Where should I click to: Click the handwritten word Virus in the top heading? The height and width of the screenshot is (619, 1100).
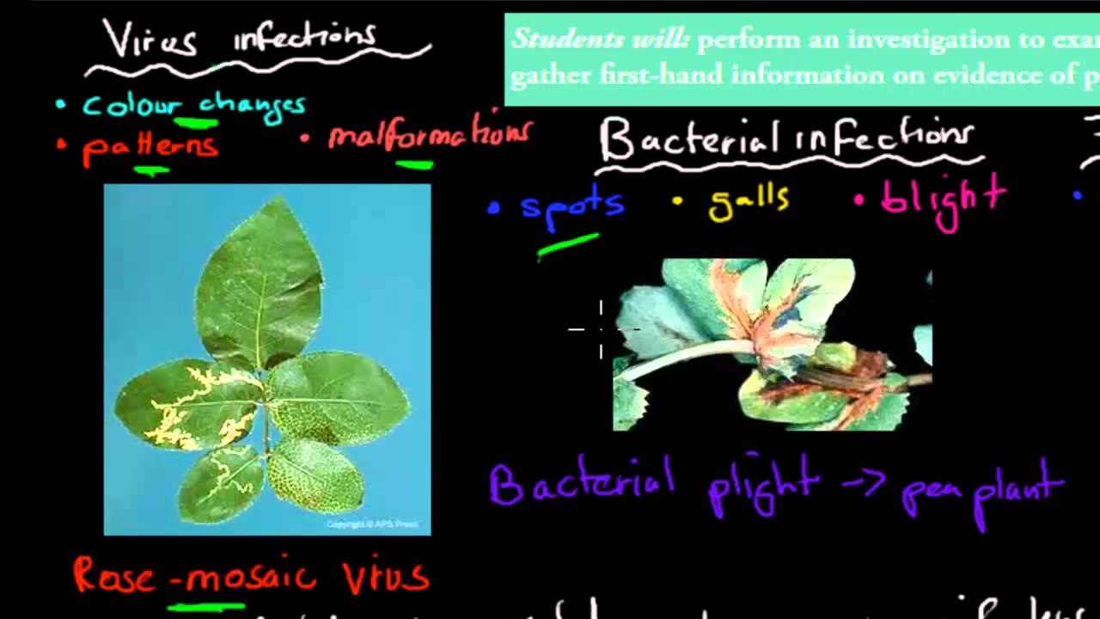click(150, 40)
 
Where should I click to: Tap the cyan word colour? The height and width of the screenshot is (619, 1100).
click(129, 106)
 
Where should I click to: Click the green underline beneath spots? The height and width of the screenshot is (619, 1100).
click(567, 246)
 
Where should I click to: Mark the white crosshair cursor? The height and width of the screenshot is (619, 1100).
click(601, 328)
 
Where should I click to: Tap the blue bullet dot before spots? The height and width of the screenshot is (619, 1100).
click(493, 207)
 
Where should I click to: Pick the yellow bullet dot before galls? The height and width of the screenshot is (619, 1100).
click(677, 202)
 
